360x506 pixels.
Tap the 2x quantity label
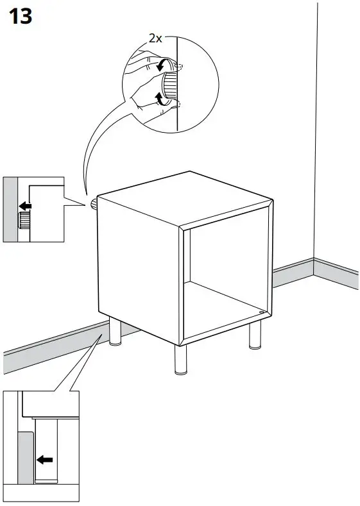(155, 38)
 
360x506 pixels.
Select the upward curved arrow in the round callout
(160, 98)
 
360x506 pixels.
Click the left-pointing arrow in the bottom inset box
(44, 459)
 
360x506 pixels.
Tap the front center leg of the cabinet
(179, 359)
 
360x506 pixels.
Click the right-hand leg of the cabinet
(255, 336)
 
